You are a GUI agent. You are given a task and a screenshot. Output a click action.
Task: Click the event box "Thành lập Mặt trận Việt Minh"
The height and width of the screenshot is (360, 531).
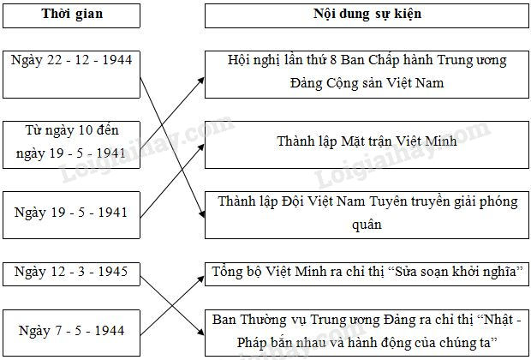[367, 140]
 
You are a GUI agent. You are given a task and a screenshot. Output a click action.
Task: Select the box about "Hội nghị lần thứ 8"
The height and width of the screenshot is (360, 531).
[367, 73]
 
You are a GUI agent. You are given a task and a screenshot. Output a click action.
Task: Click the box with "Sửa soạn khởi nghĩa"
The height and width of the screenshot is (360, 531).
[367, 273]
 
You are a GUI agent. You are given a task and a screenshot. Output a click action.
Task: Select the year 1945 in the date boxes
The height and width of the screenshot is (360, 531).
[110, 273]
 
